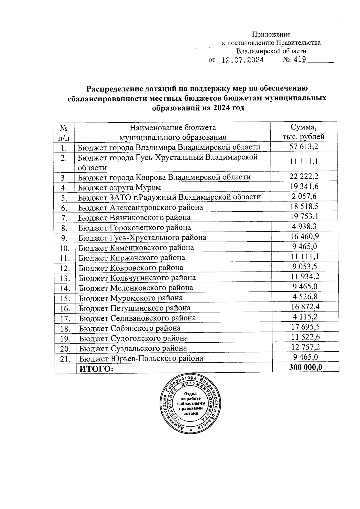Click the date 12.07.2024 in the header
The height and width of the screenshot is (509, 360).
coord(241,60)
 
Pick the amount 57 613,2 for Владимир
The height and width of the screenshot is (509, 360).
coord(304,147)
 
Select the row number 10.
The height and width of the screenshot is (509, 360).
coord(64,248)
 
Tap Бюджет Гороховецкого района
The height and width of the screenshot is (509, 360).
coord(134,228)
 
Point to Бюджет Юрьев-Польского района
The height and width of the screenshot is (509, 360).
coord(141,358)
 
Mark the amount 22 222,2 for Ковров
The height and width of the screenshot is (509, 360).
coord(304,177)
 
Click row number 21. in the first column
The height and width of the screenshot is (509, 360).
coord(65,359)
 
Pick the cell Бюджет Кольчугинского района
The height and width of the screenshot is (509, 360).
coord(137,278)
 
